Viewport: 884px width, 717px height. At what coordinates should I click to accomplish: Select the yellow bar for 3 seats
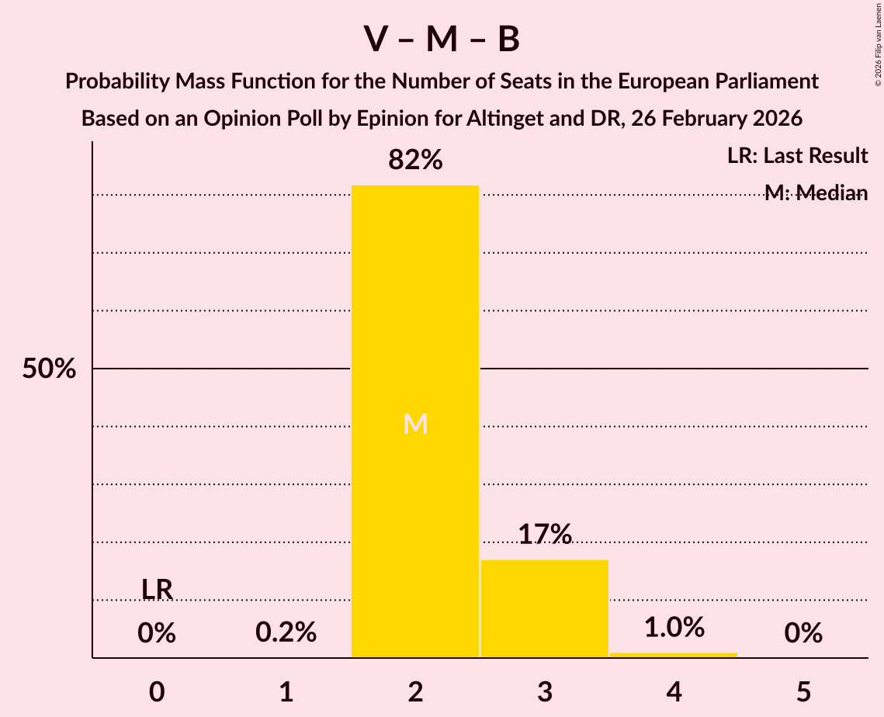(545, 609)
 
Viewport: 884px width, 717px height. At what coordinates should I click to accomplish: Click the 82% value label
(415, 161)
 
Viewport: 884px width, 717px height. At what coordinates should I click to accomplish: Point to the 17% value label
(545, 535)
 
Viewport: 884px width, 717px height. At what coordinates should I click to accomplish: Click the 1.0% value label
(674, 627)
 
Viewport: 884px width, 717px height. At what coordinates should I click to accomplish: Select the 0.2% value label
(286, 633)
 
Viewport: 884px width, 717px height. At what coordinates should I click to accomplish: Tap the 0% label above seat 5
(803, 633)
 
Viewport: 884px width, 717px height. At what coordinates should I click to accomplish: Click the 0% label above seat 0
(157, 633)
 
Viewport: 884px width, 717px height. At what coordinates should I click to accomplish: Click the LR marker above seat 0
(157, 590)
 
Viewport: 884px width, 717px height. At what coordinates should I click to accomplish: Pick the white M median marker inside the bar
(416, 424)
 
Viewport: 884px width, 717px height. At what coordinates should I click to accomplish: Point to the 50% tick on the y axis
(49, 369)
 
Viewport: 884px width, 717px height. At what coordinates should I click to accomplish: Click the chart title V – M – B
(442, 40)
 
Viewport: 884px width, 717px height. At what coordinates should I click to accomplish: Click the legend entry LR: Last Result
(797, 156)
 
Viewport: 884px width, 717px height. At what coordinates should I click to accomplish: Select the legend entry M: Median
(816, 193)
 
